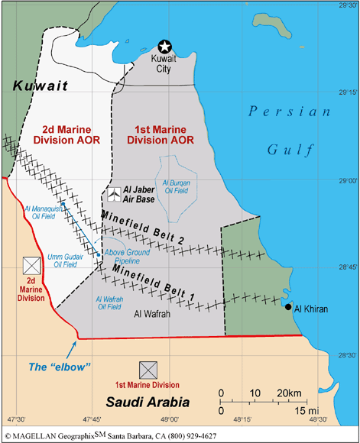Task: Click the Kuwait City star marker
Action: tap(164, 47)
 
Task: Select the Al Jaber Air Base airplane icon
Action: tap(113, 194)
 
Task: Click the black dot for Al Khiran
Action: tap(287, 307)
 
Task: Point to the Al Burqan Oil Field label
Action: tap(177, 187)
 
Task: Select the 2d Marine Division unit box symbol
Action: tap(31, 266)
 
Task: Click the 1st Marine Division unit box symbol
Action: tap(148, 369)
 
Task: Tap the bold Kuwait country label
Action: tap(34, 89)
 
